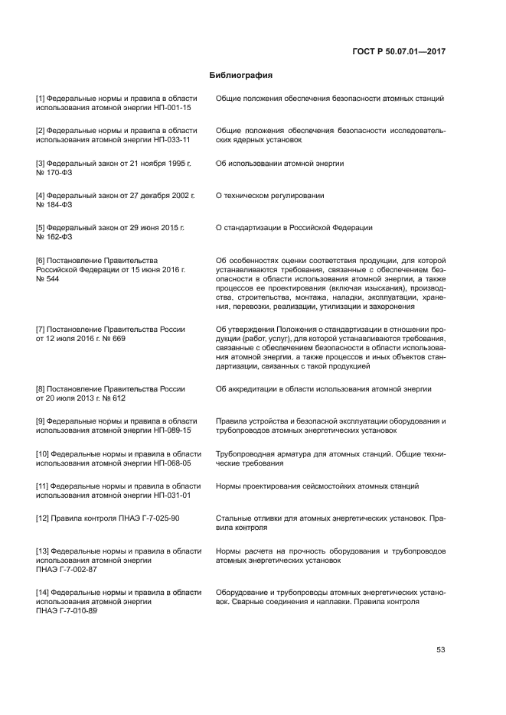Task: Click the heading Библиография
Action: (241, 76)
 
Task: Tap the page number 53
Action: (441, 650)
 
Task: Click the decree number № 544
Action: (47, 279)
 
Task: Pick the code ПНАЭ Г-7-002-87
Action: (67, 570)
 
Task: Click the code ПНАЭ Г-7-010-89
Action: (67, 612)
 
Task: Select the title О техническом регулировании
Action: (269, 196)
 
